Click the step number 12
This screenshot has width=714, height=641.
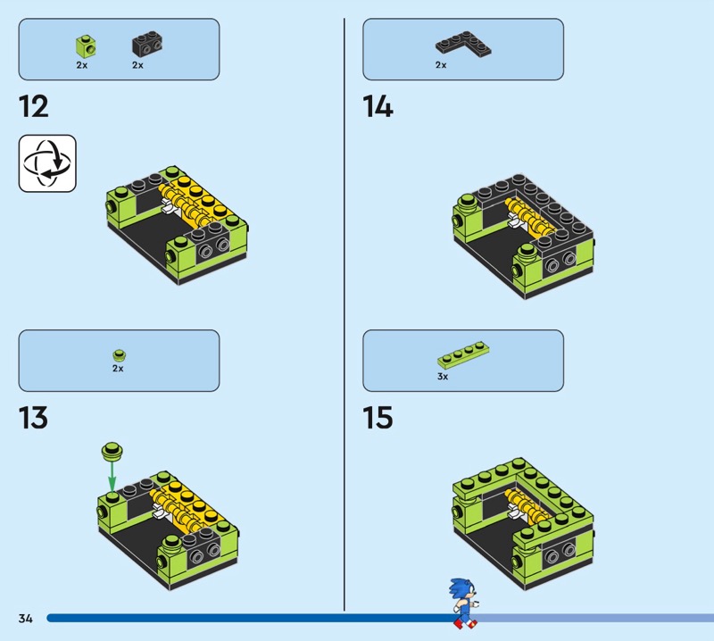click(x=34, y=107)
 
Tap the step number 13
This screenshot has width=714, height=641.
click(x=33, y=418)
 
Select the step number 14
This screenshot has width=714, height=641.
click(x=378, y=107)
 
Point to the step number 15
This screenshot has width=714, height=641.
click(x=378, y=418)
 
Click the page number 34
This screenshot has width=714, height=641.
click(x=26, y=618)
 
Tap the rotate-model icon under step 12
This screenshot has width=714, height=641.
click(x=47, y=163)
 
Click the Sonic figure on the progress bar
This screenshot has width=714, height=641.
click(x=464, y=604)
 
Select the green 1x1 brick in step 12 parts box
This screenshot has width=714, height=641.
click(x=86, y=46)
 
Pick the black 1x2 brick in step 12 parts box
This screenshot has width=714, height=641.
click(x=147, y=44)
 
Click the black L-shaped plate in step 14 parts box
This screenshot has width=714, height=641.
click(x=463, y=44)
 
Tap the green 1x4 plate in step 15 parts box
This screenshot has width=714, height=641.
click(x=463, y=355)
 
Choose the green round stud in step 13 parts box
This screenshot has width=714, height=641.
click(x=120, y=355)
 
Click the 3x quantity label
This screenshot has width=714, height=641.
click(x=443, y=377)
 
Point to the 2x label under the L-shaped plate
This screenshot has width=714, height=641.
click(x=441, y=65)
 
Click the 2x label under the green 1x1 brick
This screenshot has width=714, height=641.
click(x=82, y=65)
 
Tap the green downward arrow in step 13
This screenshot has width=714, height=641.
click(x=112, y=476)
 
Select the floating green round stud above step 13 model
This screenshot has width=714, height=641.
click(x=112, y=451)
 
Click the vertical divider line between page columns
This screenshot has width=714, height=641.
click(x=345, y=314)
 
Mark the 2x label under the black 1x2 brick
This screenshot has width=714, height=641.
click(x=138, y=65)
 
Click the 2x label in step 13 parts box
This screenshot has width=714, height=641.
click(x=118, y=368)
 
